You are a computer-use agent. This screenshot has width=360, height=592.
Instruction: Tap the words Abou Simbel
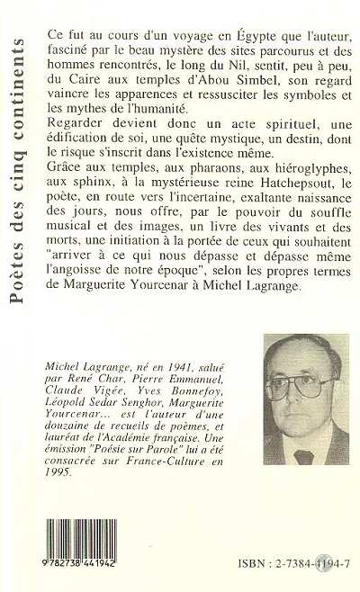[229, 92]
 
